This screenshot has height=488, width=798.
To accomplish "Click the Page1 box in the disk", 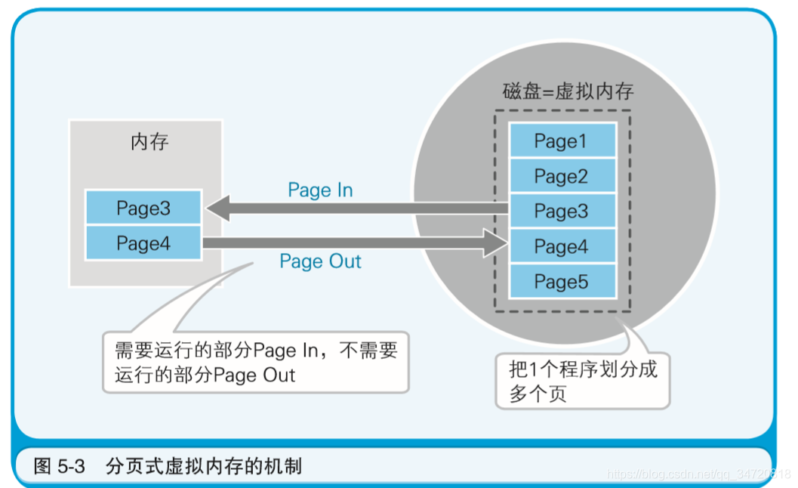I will pyautogui.click(x=562, y=141).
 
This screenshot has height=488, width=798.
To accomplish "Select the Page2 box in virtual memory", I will pyautogui.click(x=562, y=176).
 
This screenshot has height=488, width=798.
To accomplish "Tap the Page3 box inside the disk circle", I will pyautogui.click(x=562, y=212).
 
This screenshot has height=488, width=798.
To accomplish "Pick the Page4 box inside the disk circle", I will pyautogui.click(x=562, y=247).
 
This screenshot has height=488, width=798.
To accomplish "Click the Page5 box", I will pyautogui.click(x=562, y=282).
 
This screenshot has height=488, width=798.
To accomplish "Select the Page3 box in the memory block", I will pyautogui.click(x=143, y=208).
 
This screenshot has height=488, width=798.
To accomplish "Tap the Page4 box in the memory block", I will pyautogui.click(x=143, y=243).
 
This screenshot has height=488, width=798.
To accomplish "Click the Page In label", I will pyautogui.click(x=320, y=190).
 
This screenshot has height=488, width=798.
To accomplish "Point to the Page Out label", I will pyautogui.click(x=320, y=262).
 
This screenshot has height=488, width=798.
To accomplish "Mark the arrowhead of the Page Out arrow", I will pyautogui.click(x=495, y=243).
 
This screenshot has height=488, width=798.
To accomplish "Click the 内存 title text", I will pyautogui.click(x=149, y=142).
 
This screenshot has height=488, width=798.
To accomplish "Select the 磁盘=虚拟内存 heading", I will pyautogui.click(x=568, y=92).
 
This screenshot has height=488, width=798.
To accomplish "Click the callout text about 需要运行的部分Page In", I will pyautogui.click(x=255, y=363).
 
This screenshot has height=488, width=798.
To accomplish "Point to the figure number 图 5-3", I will pyautogui.click(x=59, y=466).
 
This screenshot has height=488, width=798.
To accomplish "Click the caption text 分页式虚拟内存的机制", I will pyautogui.click(x=204, y=466).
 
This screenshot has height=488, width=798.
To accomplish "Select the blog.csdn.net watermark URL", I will pyautogui.click(x=698, y=474).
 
